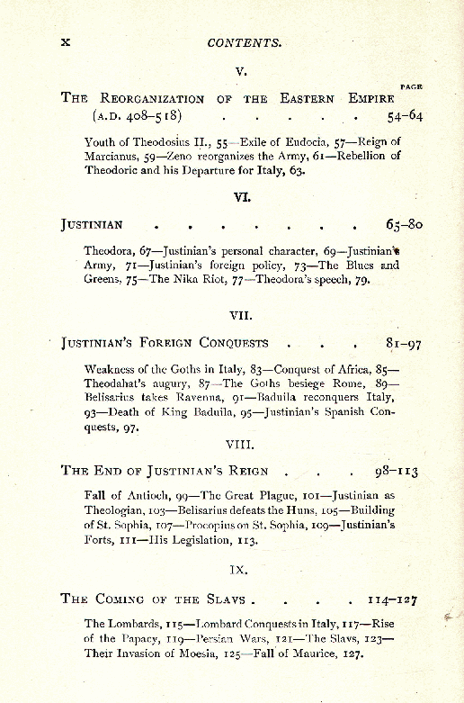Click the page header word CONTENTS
pyautogui.click(x=245, y=42)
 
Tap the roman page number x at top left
pyautogui.click(x=65, y=42)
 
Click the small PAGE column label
pyautogui.click(x=411, y=86)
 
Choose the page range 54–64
pyautogui.click(x=405, y=117)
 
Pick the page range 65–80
pyautogui.click(x=404, y=225)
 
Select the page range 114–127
pyautogui.click(x=392, y=599)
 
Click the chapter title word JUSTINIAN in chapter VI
pyautogui.click(x=92, y=225)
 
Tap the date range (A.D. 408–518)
pyautogui.click(x=137, y=117)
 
